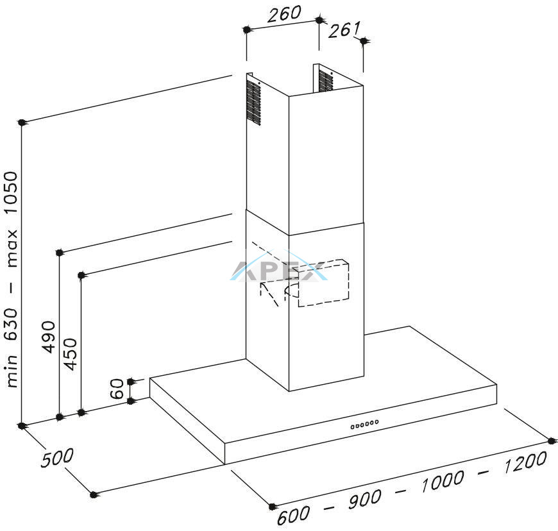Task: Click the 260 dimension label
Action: click(x=284, y=14)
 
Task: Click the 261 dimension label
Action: click(x=344, y=29)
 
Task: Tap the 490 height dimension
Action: click(x=49, y=337)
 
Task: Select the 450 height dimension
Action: click(x=70, y=354)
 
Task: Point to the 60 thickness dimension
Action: click(x=117, y=389)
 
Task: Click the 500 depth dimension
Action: click(x=57, y=458)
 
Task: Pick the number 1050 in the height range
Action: click(x=10, y=192)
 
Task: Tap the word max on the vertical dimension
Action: click(x=12, y=248)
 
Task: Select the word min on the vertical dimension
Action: click(x=12, y=371)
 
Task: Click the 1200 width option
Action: click(x=525, y=462)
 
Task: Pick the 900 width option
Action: click(x=364, y=499)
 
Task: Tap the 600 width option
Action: click(x=293, y=516)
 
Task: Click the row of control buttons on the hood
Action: click(x=364, y=425)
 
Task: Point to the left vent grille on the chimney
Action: click(x=253, y=103)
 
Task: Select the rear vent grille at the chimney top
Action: click(x=326, y=81)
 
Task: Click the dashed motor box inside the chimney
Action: click(x=323, y=283)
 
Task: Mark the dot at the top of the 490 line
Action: click(x=60, y=253)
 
